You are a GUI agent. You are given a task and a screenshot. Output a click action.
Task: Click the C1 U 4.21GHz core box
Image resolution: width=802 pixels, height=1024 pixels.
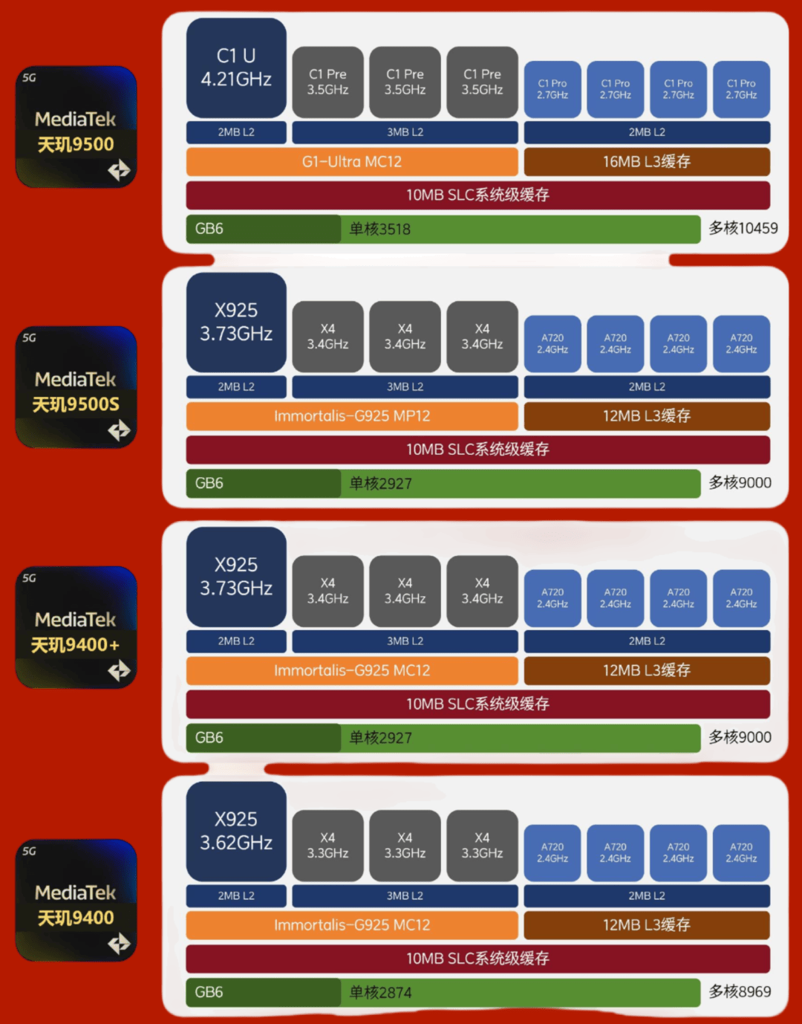point(236,68)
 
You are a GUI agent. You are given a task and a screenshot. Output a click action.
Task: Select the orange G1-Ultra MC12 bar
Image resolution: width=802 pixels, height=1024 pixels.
point(351,162)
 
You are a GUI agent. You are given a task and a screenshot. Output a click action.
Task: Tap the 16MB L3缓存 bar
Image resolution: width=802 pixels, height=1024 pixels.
point(647,162)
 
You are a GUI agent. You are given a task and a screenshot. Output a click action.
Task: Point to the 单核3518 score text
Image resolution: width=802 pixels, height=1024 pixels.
point(380,230)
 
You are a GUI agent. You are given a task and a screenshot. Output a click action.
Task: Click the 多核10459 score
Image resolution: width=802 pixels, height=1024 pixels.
point(743,228)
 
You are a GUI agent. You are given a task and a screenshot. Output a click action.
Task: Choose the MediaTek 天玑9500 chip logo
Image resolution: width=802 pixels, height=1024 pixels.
point(76,127)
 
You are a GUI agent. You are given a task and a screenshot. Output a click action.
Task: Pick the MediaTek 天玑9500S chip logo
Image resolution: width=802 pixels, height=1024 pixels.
point(76,387)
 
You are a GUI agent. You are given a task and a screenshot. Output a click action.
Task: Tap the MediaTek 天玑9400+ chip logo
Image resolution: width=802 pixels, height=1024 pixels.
point(76,627)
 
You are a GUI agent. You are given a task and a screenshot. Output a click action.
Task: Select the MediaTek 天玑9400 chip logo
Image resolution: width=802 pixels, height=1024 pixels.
point(76,900)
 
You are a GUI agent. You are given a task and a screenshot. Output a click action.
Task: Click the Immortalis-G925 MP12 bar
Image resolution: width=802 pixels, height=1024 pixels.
point(351,416)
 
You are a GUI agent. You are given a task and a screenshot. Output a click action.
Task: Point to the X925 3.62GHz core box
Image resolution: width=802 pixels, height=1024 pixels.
point(236,832)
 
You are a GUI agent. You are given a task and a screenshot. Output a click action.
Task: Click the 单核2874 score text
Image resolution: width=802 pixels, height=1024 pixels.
point(380,993)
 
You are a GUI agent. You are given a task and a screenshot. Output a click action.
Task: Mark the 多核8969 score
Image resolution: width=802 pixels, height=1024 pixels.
point(740,991)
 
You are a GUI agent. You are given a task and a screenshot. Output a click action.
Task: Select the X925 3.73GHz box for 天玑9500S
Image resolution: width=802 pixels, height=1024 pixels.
point(236,323)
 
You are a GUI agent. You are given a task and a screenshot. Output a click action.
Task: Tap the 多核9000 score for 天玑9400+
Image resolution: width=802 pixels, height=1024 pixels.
point(740,737)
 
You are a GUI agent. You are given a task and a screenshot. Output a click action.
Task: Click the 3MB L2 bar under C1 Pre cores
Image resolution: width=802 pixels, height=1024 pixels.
point(405,132)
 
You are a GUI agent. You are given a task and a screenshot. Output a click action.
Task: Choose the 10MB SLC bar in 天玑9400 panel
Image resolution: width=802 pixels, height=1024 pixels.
point(477,959)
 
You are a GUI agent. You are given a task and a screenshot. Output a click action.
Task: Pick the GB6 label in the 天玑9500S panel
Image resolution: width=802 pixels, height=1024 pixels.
point(209,483)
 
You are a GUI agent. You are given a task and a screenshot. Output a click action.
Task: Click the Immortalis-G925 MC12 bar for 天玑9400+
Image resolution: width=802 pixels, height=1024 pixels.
point(351,670)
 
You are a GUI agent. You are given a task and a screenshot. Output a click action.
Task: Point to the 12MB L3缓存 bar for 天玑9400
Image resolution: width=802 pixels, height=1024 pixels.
point(647,925)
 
